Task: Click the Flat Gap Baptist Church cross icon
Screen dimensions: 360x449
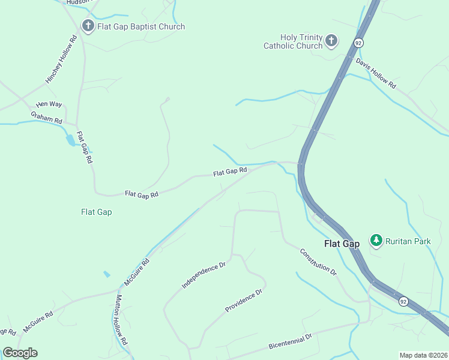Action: coord(88,26)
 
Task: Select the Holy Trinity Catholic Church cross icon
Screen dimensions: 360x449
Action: coord(331,41)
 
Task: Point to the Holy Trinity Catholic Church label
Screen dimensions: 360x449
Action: coord(293,41)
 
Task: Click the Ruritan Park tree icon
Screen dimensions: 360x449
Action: coord(376,241)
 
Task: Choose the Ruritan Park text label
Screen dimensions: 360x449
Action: coord(408,241)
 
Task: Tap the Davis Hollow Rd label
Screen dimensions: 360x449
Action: coord(376,73)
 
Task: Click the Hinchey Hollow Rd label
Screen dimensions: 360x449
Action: coord(62,60)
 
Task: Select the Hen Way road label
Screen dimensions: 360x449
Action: coord(49,104)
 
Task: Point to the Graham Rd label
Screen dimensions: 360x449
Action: coord(47,117)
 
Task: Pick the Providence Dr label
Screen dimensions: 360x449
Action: coord(244,301)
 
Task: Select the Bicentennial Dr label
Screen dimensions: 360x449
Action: coord(291,342)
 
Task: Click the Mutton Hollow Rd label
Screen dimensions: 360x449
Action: coord(122,319)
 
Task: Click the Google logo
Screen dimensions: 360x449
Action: coord(20,353)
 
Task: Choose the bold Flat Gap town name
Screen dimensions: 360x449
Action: coord(342,244)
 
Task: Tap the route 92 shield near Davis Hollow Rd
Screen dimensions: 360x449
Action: coord(358,43)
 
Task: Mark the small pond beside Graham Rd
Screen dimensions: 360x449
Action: coord(71,140)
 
